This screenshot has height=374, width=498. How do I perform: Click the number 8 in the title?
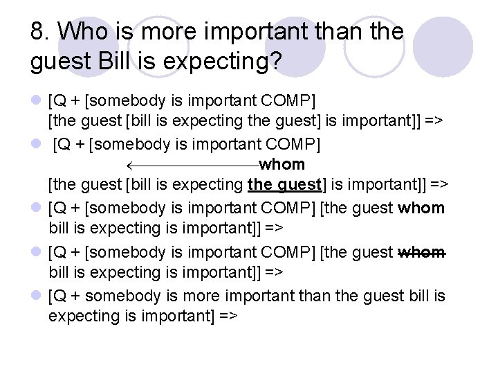pyautogui.click(x=39, y=32)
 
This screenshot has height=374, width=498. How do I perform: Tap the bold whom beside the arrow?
pyautogui.click(x=282, y=165)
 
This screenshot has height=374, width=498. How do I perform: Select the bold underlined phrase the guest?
pyautogui.click(x=284, y=185)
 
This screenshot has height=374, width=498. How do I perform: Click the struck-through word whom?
pyautogui.click(x=422, y=252)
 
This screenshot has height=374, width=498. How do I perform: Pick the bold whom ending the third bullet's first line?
pyautogui.click(x=422, y=208)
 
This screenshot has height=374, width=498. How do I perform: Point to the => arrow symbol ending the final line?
pyautogui.click(x=226, y=316)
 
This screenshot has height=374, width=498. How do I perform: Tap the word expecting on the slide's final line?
pyautogui.click(x=79, y=316)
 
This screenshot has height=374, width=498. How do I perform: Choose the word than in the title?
pyautogui.click(x=343, y=32)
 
